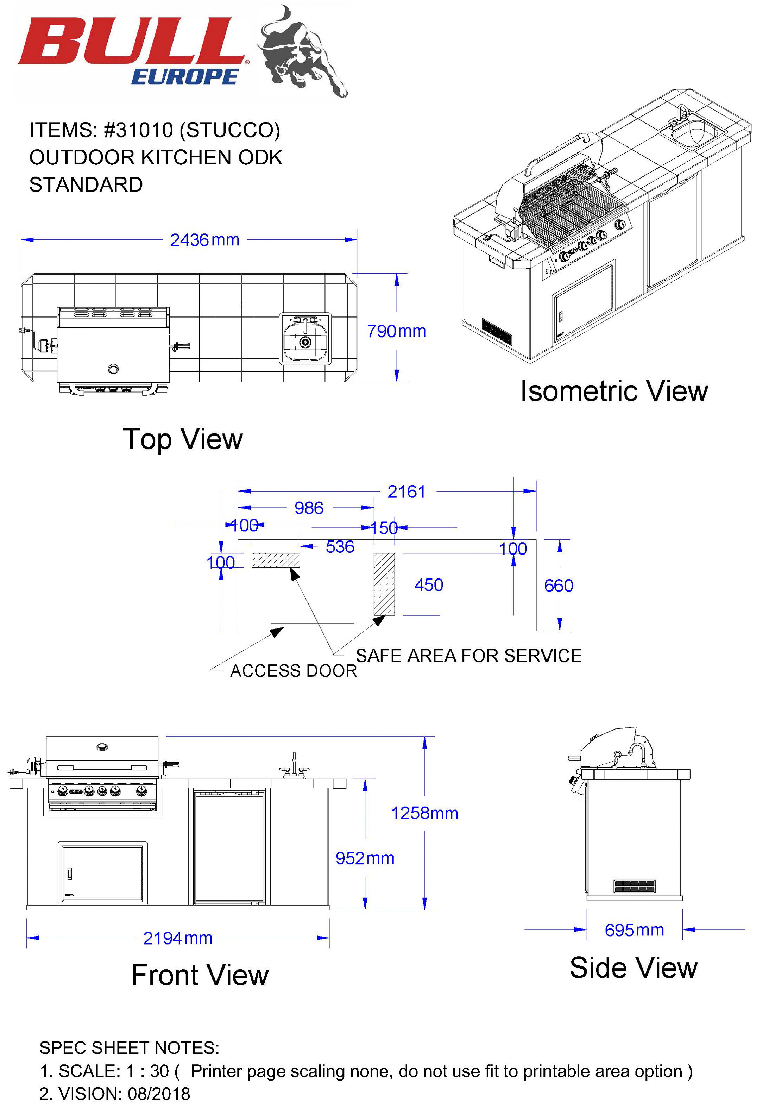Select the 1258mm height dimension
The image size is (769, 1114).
[424, 814]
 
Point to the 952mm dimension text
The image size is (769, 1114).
[365, 858]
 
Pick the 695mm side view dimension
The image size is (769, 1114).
[634, 930]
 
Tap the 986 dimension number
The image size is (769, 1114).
[309, 508]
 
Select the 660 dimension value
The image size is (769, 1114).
[559, 586]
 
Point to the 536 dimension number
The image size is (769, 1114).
[340, 547]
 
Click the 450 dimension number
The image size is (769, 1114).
[428, 585]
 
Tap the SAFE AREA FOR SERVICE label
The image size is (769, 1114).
[468, 656]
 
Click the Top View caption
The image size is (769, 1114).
[183, 439]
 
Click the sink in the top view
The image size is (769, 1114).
[305, 338]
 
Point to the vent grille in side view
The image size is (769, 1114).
[635, 885]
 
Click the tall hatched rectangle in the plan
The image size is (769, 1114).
[384, 584]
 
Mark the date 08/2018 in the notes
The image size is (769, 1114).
[159, 1094]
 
